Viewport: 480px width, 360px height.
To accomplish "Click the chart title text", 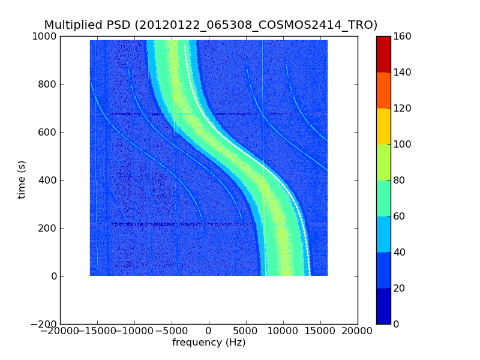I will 211,25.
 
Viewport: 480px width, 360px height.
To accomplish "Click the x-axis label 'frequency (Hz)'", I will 209,343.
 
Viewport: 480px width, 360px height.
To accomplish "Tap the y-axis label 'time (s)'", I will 22,179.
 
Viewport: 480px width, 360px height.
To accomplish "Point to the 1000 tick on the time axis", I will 45,36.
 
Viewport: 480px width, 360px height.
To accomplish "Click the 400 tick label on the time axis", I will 47,180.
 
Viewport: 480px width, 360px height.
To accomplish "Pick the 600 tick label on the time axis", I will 47,132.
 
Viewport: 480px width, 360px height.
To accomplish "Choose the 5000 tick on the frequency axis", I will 246,331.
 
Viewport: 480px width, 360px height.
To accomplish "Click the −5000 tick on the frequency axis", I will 172,331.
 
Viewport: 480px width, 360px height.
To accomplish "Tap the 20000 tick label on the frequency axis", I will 358,331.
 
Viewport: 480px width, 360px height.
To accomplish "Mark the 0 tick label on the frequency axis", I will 209,331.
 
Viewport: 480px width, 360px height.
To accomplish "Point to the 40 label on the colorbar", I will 401,252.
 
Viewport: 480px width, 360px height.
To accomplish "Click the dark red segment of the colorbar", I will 383,54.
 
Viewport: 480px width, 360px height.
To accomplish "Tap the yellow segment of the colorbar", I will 383,126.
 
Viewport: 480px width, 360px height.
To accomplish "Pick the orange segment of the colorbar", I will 383,90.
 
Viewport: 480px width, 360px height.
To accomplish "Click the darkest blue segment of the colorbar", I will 383,306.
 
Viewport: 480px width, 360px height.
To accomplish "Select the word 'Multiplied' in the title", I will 73,25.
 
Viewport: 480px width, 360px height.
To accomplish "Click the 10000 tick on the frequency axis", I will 283,331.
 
